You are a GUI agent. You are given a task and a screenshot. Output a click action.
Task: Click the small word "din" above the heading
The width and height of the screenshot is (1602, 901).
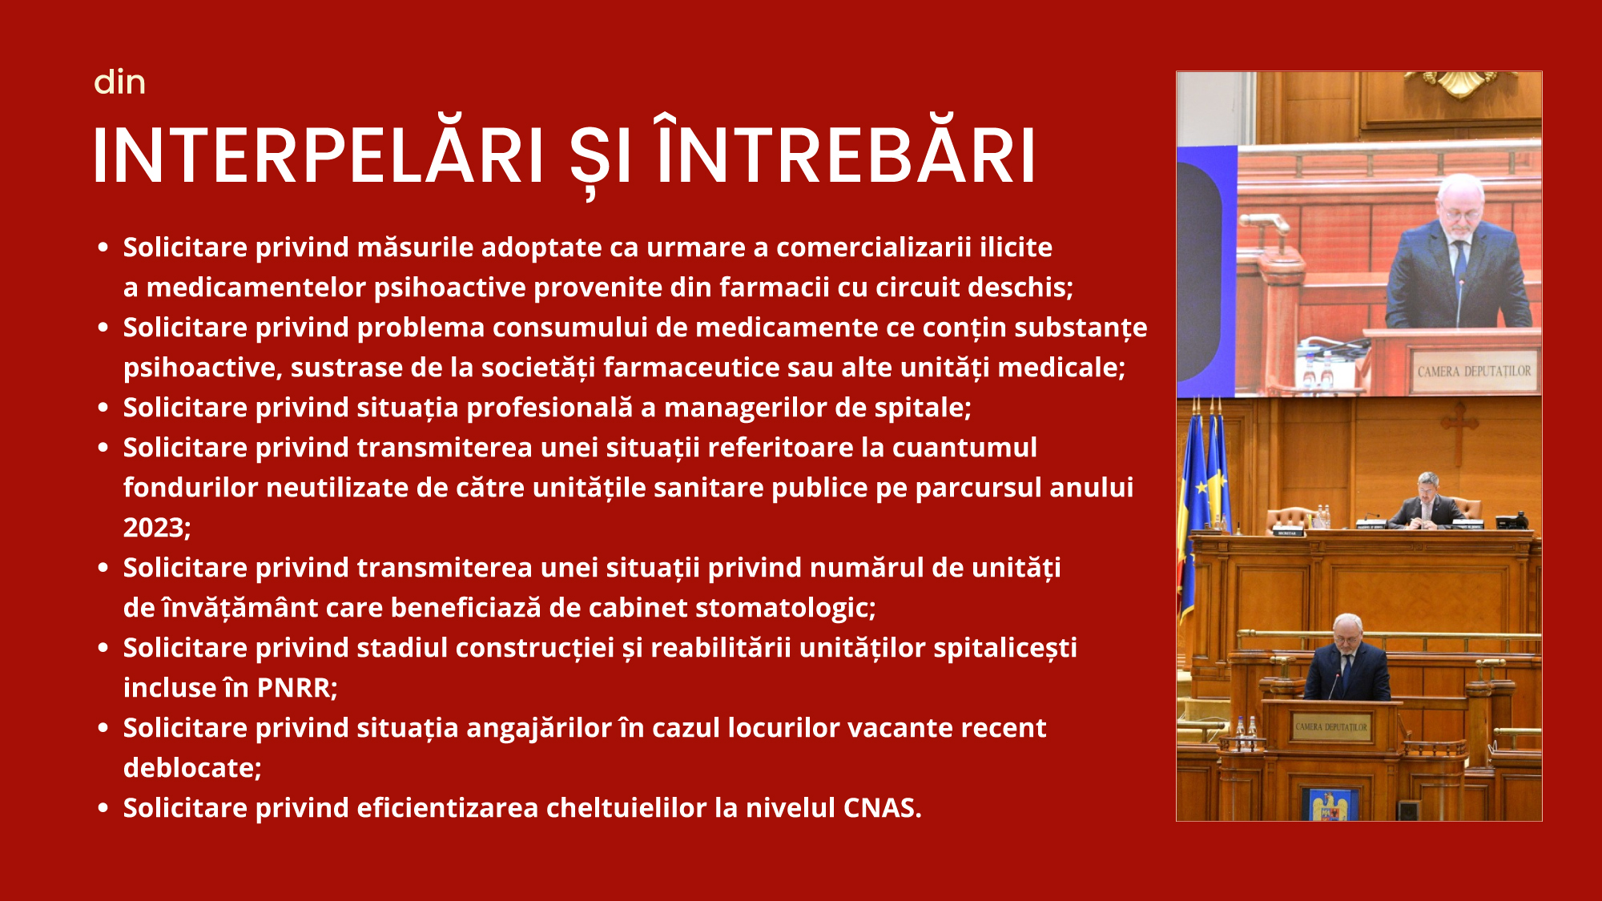119,82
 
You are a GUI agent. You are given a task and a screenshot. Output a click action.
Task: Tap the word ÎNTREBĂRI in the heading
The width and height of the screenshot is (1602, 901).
847,153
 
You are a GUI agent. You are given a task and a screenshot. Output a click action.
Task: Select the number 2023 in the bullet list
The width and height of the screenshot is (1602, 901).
155,528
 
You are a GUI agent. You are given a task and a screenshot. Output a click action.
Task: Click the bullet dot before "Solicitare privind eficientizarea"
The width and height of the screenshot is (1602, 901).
103,808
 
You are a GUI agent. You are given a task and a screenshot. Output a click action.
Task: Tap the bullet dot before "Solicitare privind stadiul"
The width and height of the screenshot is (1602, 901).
103,648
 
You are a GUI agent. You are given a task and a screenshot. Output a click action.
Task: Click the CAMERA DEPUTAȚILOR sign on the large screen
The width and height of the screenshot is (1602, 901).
1474,372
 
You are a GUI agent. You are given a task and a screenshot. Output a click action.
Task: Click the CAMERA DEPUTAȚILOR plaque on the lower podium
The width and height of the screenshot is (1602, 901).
1331,726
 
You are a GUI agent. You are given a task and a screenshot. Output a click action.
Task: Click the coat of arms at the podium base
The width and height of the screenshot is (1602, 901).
1329,805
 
